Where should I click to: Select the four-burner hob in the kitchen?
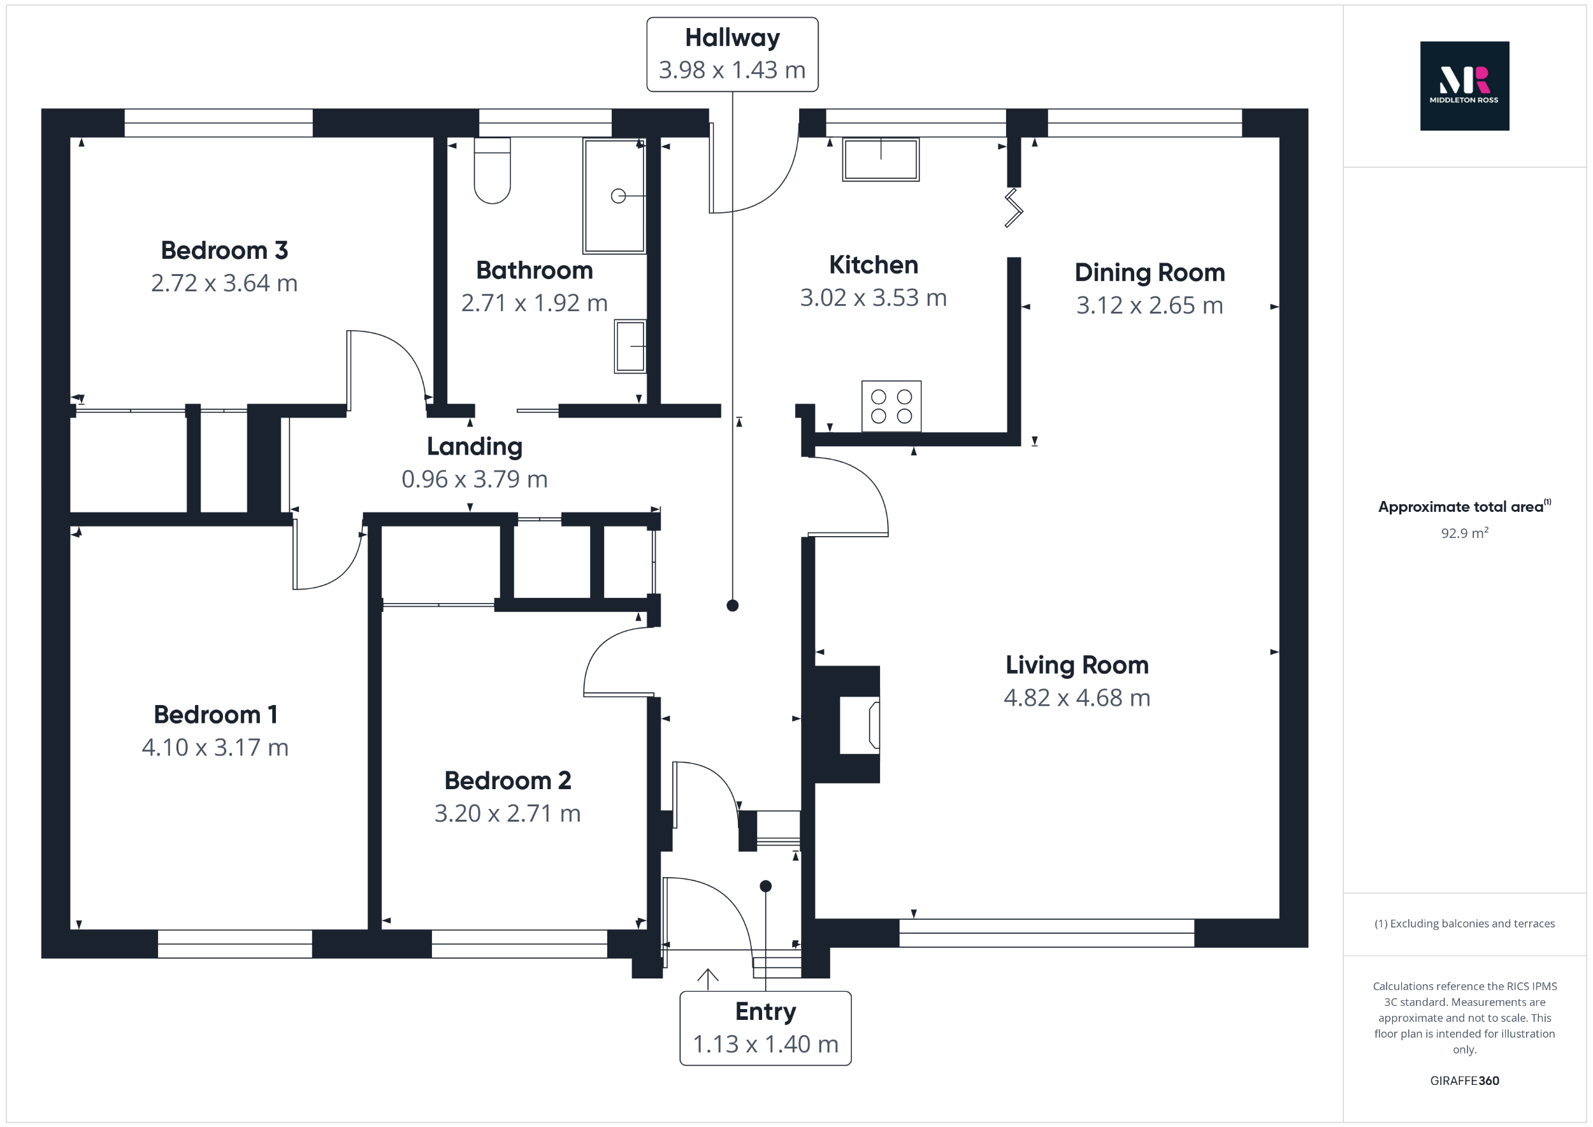tap(891, 406)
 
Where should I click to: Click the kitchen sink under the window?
tap(881, 159)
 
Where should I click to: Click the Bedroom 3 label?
tap(224, 251)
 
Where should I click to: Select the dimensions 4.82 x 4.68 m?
tap(1076, 698)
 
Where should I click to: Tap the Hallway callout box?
tap(732, 54)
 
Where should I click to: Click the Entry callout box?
tap(765, 1028)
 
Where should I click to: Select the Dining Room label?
tap(1149, 273)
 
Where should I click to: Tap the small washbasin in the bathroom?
tap(630, 345)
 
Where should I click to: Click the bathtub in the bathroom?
tap(614, 196)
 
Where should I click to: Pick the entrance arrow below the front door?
tap(707, 978)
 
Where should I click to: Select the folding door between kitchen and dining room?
tap(1014, 208)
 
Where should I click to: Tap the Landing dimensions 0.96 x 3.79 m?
tap(475, 479)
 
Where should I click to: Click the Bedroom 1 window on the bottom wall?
tap(234, 944)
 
